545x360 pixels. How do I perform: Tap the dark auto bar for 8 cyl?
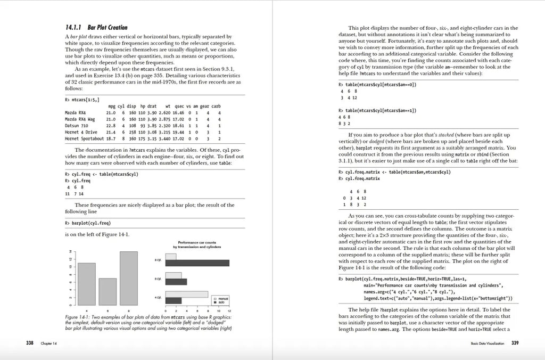coord(197,263)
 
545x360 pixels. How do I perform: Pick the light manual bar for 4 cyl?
coord(187,294)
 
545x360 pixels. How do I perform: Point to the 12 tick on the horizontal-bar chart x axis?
coord(229,309)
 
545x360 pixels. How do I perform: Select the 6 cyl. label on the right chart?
coord(158,279)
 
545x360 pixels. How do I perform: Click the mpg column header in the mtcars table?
coord(111,106)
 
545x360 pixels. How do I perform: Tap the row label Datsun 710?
coord(77,126)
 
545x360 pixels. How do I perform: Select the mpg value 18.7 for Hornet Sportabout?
coord(111,138)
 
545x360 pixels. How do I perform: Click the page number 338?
coord(30,342)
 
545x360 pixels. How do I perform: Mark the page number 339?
coord(515,342)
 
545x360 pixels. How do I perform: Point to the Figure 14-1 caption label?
coord(78,317)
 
